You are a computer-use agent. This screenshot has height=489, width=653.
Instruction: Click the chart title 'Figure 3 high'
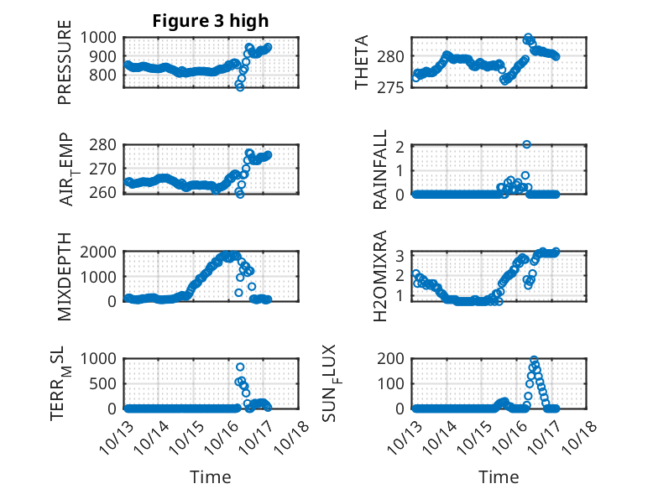[x=211, y=21]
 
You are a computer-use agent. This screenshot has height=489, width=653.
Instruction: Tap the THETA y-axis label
[x=362, y=62]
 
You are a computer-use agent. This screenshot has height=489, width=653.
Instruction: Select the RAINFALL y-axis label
[x=380, y=169]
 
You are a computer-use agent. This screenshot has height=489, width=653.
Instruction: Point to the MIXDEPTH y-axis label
[x=65, y=276]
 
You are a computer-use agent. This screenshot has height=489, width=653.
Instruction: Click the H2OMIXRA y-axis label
[x=380, y=276]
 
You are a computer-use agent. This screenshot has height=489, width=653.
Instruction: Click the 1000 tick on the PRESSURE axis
[x=105, y=37]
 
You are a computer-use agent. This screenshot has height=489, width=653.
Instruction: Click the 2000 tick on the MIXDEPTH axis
[x=105, y=252]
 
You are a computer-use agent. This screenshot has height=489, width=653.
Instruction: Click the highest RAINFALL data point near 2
[x=526, y=144]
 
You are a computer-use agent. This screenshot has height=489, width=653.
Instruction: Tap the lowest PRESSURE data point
[x=240, y=86]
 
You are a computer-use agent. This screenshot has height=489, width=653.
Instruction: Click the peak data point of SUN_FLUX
[x=534, y=361]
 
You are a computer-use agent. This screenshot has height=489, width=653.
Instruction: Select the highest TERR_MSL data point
[x=240, y=367]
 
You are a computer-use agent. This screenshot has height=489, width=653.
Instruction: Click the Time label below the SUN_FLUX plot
[x=499, y=476]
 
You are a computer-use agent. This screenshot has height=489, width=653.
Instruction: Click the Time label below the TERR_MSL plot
[x=211, y=476]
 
